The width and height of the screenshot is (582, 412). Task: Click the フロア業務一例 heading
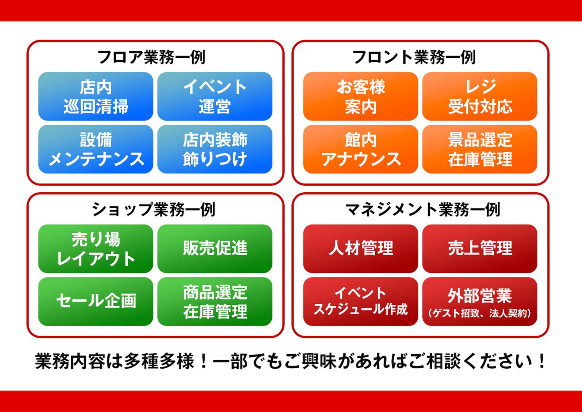click(151, 57)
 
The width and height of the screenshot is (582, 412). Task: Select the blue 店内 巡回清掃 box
click(96, 96)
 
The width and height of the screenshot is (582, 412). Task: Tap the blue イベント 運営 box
click(215, 96)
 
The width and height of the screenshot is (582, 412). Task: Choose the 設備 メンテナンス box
click(96, 149)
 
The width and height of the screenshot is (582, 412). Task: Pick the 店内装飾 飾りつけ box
click(215, 149)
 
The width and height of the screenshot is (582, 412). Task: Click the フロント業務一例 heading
click(414, 57)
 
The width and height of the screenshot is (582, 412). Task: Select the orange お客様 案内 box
click(361, 96)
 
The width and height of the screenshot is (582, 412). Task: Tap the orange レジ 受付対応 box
click(480, 96)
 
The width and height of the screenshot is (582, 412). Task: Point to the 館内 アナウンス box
click(361, 149)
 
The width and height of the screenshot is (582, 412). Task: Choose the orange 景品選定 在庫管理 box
click(480, 149)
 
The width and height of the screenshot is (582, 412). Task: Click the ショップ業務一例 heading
click(153, 209)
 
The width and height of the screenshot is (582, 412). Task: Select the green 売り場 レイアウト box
click(96, 249)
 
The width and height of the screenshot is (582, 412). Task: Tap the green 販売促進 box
click(215, 249)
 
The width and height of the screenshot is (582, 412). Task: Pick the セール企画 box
click(96, 302)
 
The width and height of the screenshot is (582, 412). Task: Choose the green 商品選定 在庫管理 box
click(215, 302)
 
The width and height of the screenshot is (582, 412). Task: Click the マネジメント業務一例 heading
click(423, 209)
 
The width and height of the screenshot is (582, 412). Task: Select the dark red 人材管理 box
click(361, 249)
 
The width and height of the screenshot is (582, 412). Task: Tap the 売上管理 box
click(480, 249)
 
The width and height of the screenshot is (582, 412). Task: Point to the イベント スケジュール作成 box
click(361, 302)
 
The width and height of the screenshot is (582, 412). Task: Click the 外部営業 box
click(480, 302)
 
